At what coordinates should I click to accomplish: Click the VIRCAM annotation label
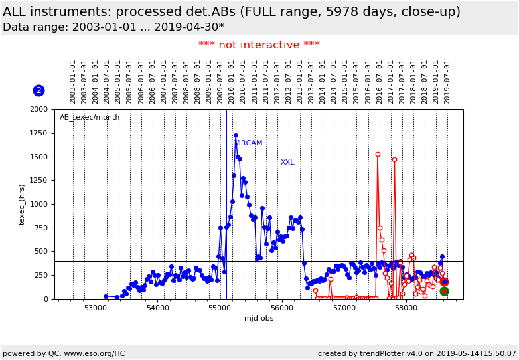[248, 143]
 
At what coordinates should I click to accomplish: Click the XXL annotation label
[287, 163]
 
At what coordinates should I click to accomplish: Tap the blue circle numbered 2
[38, 90]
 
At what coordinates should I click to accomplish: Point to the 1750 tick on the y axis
[38, 133]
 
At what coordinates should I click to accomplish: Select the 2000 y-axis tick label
[38, 109]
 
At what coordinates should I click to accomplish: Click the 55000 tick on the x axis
[220, 308]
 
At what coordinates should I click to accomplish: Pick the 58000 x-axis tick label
[406, 308]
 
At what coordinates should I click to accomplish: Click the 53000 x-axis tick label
[96, 308]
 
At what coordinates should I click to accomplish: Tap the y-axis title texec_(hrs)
[22, 204]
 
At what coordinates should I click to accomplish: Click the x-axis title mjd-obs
[259, 318]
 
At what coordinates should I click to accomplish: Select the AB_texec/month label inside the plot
[90, 118]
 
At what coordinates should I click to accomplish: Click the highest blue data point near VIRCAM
[236, 135]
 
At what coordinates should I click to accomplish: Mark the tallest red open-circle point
[378, 155]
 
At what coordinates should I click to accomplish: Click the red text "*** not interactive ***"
[259, 45]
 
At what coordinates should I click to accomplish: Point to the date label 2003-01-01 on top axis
[73, 82]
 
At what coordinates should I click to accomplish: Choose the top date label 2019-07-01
[447, 82]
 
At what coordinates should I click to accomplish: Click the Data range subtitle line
[113, 27]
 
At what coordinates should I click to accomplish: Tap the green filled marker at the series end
[444, 291]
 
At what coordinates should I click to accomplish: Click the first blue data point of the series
[106, 296]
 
